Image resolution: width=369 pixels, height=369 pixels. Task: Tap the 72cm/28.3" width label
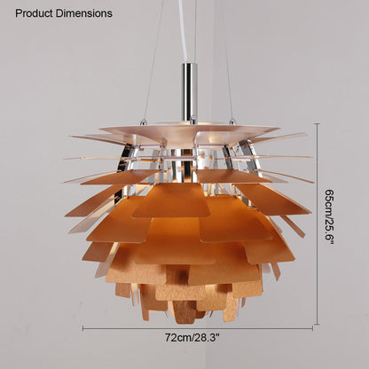tap(192, 337)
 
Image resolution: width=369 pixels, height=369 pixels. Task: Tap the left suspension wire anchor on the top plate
tap(143, 121)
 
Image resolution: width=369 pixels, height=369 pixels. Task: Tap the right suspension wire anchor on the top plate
tap(232, 121)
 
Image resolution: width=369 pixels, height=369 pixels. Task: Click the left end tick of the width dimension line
tap(83, 328)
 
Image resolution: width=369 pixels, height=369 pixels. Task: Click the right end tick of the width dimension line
tap(312, 328)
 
